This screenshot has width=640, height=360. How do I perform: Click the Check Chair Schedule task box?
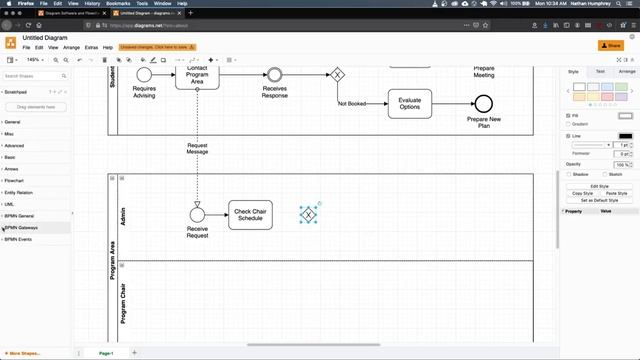pos(250,214)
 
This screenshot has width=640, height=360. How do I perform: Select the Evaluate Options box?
pos(409,103)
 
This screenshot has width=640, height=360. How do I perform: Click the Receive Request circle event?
pos(197,214)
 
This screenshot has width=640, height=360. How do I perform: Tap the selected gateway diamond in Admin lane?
pos(309,214)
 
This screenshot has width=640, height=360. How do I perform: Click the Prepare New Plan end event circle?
pos(484,103)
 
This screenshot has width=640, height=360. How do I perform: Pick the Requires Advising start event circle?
pos(144,74)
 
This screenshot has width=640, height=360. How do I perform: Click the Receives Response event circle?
pos(274,74)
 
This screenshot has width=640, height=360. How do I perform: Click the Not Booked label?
pos(351,103)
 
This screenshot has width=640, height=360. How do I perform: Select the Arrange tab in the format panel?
pos(626,72)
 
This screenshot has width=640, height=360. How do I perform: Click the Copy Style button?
pos(582,193)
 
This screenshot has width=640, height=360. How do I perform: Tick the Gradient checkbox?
pos(566,125)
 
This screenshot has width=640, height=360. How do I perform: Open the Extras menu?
pos(91,47)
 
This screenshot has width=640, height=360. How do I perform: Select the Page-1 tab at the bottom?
pos(105,353)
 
